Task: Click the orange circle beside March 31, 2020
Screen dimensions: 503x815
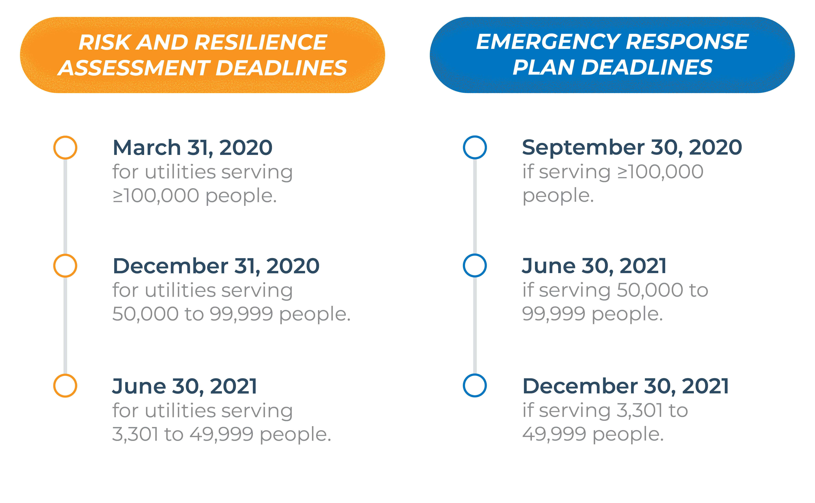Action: point(65,147)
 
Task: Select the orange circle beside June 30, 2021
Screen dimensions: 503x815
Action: point(65,385)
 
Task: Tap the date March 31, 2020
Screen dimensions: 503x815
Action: point(193,148)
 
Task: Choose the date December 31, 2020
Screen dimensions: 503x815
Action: point(216,266)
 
